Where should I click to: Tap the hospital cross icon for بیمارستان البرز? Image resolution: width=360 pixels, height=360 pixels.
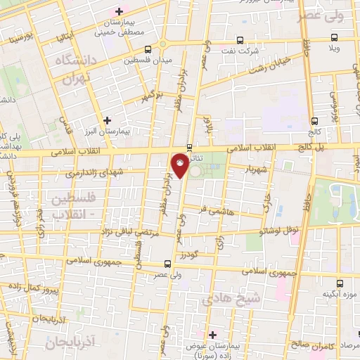tap(107, 120)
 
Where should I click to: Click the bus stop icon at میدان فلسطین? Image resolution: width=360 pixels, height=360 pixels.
tap(148, 49)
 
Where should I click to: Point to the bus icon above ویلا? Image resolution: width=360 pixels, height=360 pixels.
tap(335, 39)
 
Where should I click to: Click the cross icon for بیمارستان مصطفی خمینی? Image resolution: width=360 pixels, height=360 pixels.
tap(120, 11)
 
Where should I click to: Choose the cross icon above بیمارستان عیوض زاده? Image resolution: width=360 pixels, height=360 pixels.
tap(212, 334)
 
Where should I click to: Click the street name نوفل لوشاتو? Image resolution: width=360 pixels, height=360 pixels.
tap(279, 229)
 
